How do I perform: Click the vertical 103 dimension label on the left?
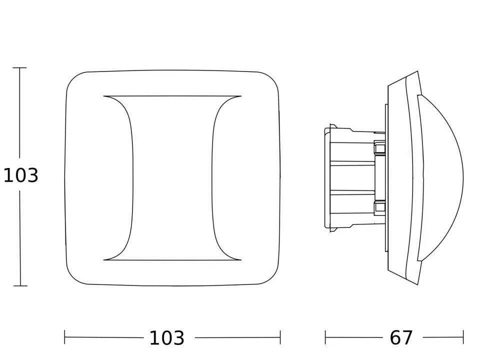tap(21, 175)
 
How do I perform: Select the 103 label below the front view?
tap(167, 338)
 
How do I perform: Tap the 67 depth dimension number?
tap(401, 338)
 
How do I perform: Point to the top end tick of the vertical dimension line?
tap(19, 67)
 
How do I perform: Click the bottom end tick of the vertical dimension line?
tap(20, 286)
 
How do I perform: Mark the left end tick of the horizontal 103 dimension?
tap(64, 337)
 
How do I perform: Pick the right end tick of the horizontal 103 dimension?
tap(280, 337)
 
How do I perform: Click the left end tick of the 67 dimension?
tap(325, 337)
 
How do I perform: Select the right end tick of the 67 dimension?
tap(463, 337)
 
